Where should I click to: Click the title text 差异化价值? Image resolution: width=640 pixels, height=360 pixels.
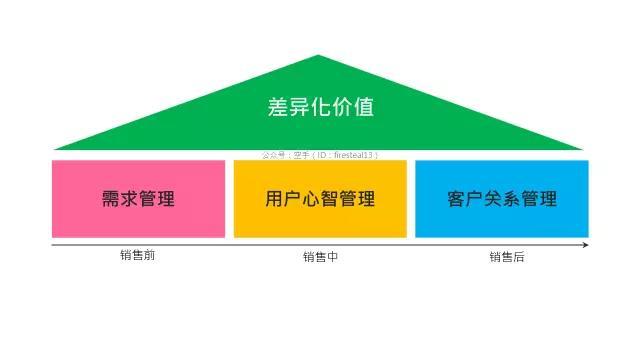[x=320, y=107]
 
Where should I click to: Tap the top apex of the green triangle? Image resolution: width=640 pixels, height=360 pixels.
[x=319, y=57]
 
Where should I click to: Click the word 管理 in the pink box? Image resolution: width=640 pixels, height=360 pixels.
[x=157, y=198]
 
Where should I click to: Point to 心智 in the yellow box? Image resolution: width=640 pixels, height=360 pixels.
[x=320, y=198]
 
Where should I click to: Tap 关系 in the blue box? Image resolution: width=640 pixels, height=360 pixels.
[x=502, y=198]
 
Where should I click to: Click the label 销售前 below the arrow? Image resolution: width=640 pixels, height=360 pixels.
[x=138, y=255]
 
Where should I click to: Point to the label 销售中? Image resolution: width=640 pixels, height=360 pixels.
[x=320, y=257]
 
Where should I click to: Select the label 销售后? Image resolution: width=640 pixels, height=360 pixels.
[x=506, y=257]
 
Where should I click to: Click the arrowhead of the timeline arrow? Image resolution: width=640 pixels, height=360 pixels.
[x=585, y=244]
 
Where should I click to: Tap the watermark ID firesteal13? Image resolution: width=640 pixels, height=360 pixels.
[x=354, y=155]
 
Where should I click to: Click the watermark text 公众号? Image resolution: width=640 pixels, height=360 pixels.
[x=273, y=155]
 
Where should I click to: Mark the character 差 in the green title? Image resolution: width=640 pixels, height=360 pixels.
[x=278, y=107]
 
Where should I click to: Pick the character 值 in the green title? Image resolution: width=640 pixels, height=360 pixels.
[x=363, y=107]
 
